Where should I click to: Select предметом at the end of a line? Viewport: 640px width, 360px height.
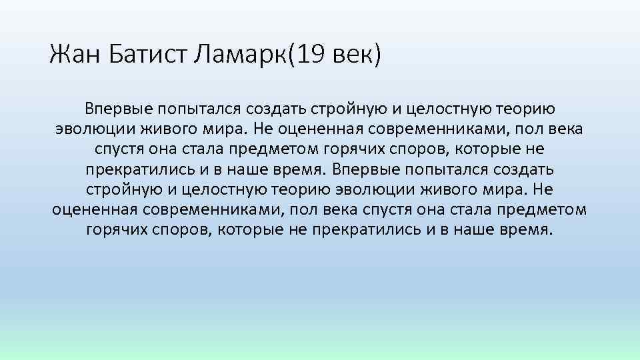pos(550,210)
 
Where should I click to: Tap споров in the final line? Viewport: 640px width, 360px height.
pos(178,231)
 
